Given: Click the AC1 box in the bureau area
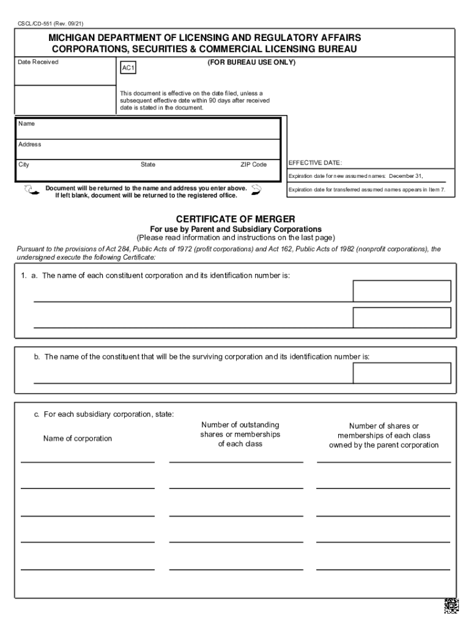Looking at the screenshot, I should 128,68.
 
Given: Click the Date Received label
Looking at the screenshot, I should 38,62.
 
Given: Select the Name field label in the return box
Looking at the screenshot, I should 26,124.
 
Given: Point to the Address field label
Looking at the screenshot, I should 29,145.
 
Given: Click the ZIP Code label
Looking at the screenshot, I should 253,165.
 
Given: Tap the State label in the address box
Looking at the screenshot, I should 148,165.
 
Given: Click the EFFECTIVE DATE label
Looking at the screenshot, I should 315,163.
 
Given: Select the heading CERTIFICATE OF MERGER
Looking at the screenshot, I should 236,219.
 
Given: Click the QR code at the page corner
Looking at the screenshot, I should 451,605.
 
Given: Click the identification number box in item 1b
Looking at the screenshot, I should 402,373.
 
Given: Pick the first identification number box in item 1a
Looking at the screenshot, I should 402,291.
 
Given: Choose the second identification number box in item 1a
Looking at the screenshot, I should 402,317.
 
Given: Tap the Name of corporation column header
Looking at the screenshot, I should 78,439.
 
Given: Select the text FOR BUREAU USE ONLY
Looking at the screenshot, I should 251,62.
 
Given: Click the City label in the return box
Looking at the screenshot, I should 24,165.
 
